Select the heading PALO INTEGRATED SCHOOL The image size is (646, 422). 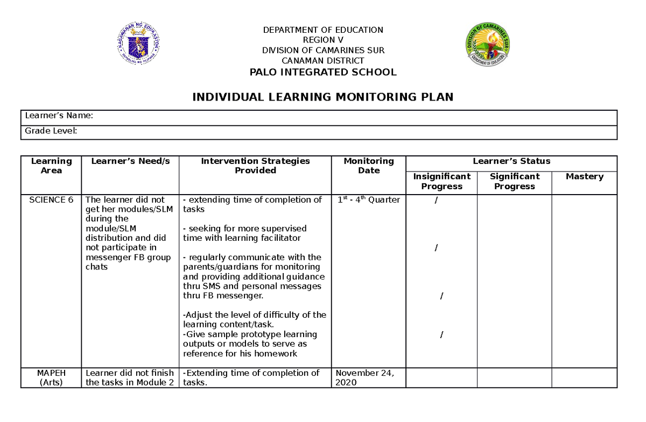(323, 72)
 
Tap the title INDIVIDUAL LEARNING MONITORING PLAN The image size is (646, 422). (323, 97)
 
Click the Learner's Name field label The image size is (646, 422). (59, 116)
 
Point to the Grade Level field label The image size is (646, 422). (51, 131)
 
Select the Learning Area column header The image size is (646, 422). (51, 166)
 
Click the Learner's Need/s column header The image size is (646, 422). (130, 161)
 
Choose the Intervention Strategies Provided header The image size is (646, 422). (255, 166)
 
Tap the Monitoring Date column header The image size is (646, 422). (369, 166)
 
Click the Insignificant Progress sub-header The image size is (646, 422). (441, 181)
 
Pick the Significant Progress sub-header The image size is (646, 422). (515, 181)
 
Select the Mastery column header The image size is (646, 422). (585, 176)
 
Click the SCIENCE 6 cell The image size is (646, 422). (51, 200)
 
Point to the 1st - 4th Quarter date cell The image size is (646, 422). (369, 199)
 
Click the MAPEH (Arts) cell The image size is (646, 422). (51, 377)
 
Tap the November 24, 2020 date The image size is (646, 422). (364, 377)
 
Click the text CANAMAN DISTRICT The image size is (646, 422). (323, 61)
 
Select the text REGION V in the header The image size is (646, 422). (323, 40)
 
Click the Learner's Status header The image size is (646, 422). (511, 161)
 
